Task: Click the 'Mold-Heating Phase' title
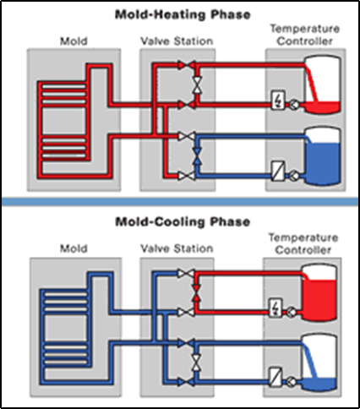click(183, 14)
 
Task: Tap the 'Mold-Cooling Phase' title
click(183, 222)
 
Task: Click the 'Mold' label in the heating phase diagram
click(74, 41)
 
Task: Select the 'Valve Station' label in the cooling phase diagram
click(177, 248)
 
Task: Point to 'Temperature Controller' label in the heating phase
click(305, 35)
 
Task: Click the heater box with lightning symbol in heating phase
click(278, 100)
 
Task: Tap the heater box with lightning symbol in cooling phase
click(276, 308)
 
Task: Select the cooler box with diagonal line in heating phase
click(278, 171)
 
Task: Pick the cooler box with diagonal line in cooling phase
click(275, 377)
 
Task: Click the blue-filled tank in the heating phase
click(323, 156)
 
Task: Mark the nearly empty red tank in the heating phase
click(323, 85)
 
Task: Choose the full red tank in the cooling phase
click(319, 292)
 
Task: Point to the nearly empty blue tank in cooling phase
click(319, 363)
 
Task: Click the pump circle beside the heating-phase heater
click(294, 105)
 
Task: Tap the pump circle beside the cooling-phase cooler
click(292, 382)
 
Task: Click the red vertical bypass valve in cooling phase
click(196, 293)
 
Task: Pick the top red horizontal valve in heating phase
click(187, 65)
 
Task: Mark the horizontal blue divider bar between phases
click(180, 202)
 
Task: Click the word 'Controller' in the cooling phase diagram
click(303, 250)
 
